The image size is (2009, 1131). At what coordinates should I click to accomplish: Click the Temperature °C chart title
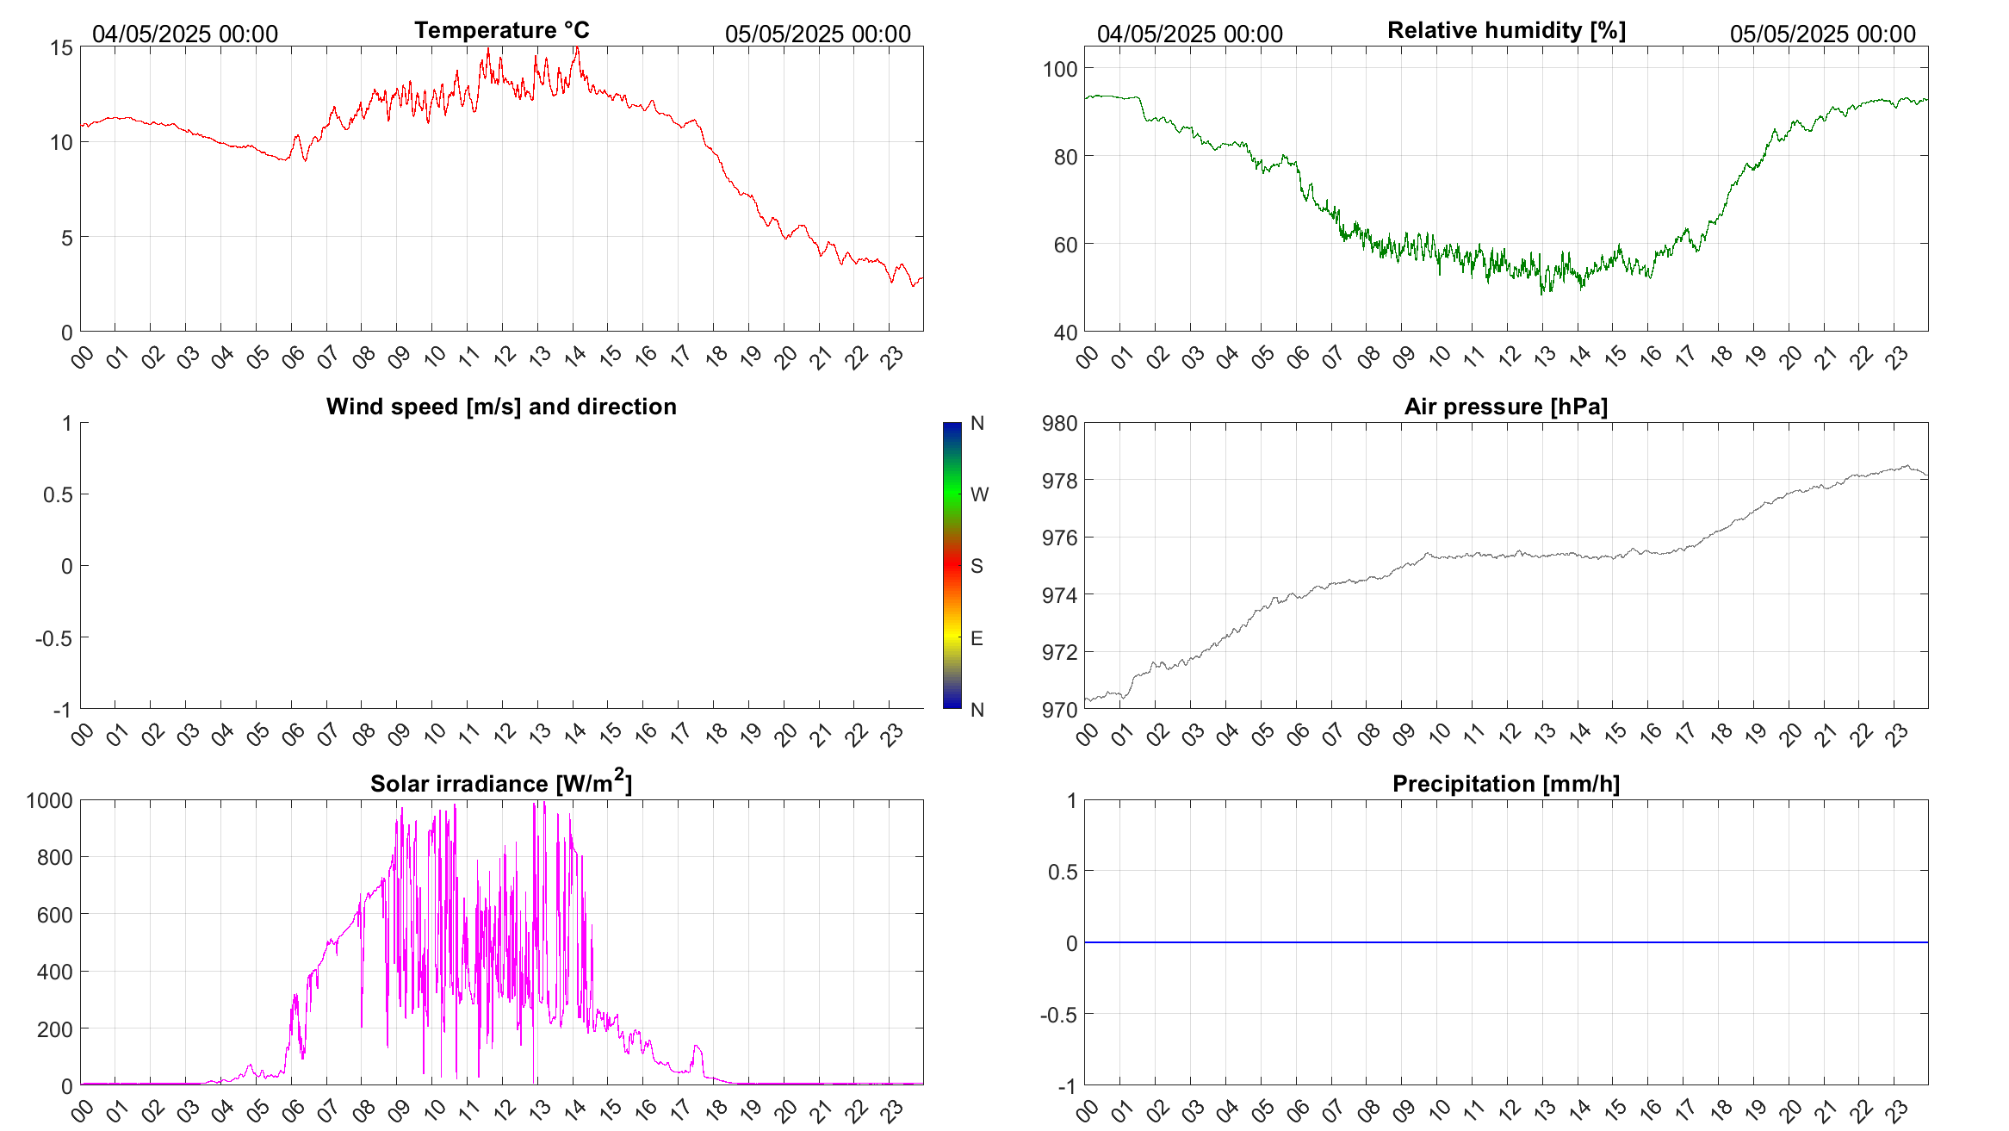(501, 30)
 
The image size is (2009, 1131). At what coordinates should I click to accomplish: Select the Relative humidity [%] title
(1506, 30)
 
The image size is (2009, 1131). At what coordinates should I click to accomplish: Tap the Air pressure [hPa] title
(1505, 407)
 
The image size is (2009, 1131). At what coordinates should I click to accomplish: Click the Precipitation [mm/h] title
(1505, 784)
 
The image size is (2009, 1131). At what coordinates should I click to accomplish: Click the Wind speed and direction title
(501, 407)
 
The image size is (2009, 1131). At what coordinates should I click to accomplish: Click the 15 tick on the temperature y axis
(62, 47)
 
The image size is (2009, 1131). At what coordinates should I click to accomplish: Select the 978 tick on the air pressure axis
(1059, 481)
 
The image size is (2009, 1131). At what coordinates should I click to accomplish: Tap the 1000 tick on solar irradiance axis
(50, 801)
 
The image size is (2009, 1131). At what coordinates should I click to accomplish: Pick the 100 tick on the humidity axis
(1059, 69)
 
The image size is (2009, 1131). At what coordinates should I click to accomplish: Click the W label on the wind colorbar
(979, 494)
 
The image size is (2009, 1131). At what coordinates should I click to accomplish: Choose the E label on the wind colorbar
(977, 638)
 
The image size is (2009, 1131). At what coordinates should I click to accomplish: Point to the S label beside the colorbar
(977, 566)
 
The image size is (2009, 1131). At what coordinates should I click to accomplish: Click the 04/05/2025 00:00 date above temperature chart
(185, 34)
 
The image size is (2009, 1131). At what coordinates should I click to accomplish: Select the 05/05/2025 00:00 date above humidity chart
(1822, 34)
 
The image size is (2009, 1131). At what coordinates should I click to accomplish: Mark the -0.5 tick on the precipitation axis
(1058, 1015)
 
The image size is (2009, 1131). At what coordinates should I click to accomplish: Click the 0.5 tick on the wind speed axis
(58, 494)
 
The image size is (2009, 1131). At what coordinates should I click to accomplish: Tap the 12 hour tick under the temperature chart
(505, 356)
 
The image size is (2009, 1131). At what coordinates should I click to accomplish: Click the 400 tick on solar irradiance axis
(54, 972)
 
